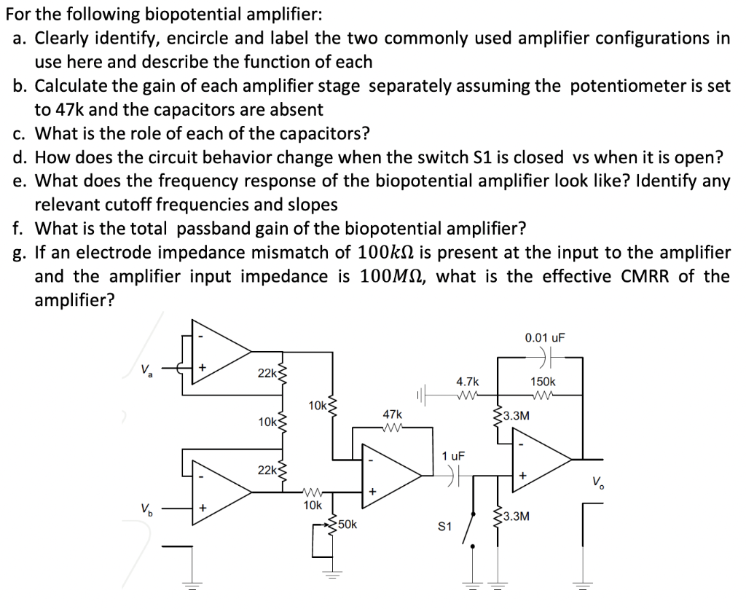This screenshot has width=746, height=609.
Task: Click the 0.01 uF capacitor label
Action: (544, 338)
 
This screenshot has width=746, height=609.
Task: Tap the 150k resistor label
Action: (543, 382)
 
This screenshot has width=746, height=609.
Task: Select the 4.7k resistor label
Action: (467, 382)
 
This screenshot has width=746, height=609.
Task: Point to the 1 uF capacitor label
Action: (452, 456)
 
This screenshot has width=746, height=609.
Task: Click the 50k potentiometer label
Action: (347, 524)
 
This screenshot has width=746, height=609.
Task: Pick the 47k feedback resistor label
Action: (392, 413)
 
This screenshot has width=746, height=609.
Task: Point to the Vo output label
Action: (597, 481)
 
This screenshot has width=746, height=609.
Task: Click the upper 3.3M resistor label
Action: (517, 417)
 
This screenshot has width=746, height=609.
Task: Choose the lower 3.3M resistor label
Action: (517, 516)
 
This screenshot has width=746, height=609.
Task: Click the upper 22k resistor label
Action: (267, 373)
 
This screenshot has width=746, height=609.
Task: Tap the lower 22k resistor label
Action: (267, 470)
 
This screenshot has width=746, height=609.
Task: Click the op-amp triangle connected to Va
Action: (219, 356)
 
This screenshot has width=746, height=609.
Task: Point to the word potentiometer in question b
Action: (623, 86)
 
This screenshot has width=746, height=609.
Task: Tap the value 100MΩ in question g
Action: (394, 276)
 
